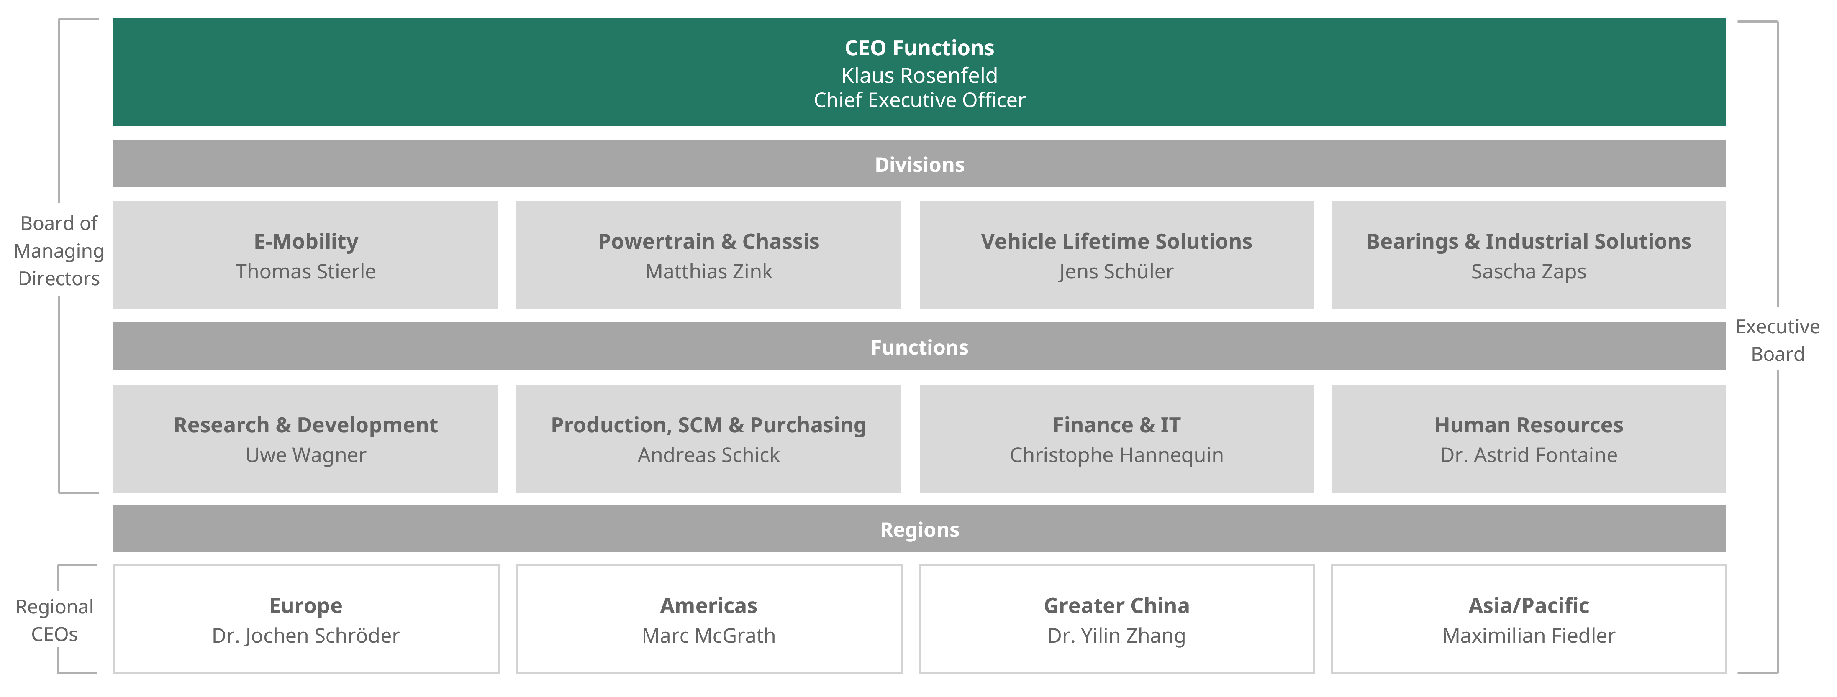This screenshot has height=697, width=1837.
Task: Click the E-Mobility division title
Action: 306,242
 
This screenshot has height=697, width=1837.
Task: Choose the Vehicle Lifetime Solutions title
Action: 1116,242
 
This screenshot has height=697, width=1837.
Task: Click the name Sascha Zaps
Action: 1528,271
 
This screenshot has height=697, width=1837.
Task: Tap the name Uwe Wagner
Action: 306,454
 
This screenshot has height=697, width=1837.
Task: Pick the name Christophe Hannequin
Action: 1116,454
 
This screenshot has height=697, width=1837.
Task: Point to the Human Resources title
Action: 1528,425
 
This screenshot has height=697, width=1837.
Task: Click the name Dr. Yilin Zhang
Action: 1116,635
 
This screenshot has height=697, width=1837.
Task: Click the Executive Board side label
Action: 1777,340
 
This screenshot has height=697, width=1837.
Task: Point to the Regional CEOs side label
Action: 54,620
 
